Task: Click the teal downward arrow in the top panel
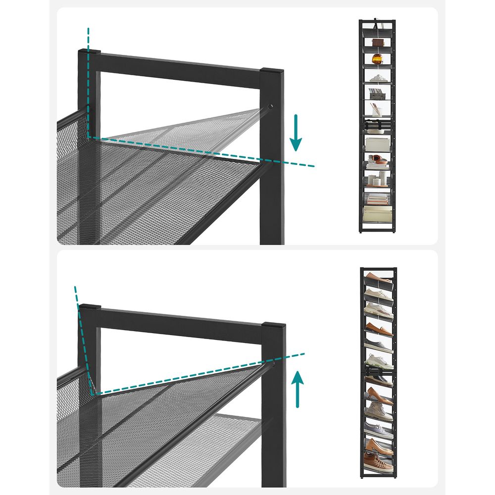[x=296, y=132]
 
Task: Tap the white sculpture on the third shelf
[x=378, y=78]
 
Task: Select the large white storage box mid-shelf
[x=377, y=144]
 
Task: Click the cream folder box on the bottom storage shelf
[x=377, y=214]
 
